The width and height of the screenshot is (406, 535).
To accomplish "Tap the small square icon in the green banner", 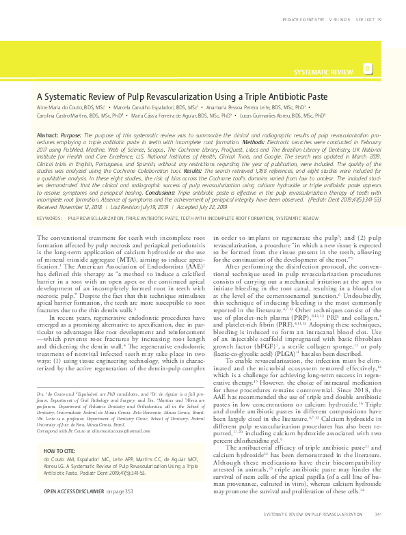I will pyautogui.click(x=368, y=69).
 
